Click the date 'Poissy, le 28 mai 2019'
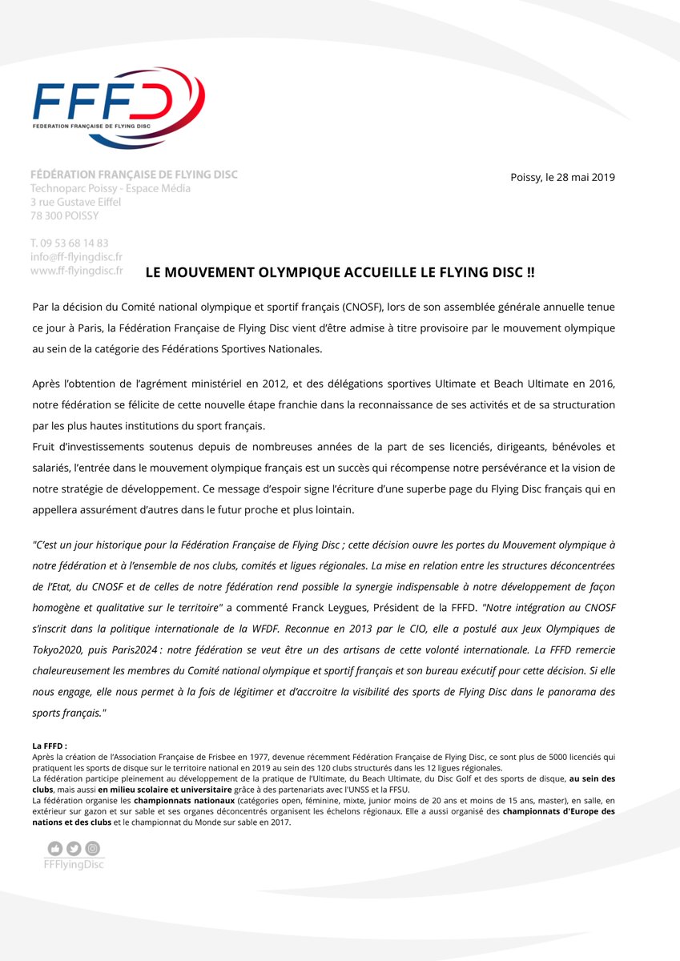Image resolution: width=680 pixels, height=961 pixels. [x=562, y=177]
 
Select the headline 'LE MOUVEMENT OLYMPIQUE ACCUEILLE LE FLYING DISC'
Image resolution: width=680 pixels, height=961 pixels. [x=340, y=272]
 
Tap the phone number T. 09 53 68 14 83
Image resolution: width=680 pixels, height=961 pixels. [x=69, y=243]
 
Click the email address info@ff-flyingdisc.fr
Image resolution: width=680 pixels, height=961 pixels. [x=76, y=257]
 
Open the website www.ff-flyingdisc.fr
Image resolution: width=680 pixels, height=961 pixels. [x=76, y=271]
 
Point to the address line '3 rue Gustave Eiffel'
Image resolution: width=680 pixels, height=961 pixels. [x=75, y=202]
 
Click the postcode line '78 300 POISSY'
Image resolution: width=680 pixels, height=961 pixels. [x=64, y=215]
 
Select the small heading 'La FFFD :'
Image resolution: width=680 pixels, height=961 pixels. [x=50, y=746]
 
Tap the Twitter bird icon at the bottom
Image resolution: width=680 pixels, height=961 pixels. [x=74, y=848]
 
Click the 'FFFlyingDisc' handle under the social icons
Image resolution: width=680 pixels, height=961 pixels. [x=74, y=864]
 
